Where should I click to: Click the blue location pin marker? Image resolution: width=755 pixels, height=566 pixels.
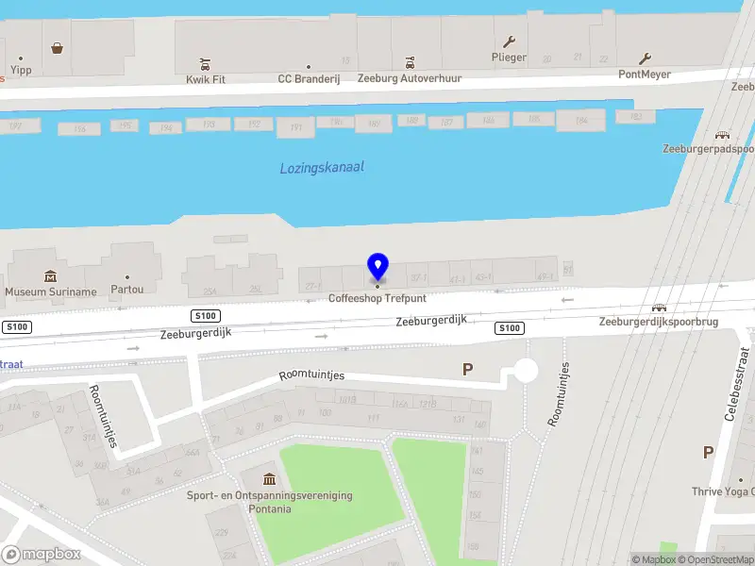point(377,268)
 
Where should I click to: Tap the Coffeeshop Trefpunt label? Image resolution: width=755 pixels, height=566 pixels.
point(377,298)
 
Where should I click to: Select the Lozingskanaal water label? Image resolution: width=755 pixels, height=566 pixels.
point(322,168)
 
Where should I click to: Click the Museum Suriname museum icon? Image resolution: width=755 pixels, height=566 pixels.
point(50,276)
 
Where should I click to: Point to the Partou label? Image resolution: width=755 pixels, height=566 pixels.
point(127,290)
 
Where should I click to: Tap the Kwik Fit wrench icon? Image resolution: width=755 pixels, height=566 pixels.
point(205,64)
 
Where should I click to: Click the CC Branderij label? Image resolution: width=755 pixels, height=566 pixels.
point(308,79)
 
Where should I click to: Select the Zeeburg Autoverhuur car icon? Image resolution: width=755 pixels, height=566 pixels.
point(410,64)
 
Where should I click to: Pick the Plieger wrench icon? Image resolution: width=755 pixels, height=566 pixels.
point(509,42)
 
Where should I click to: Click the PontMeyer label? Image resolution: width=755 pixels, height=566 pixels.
point(644,74)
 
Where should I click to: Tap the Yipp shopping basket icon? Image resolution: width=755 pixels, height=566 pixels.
point(58,48)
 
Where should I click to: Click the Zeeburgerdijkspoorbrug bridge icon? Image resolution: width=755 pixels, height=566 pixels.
point(660,308)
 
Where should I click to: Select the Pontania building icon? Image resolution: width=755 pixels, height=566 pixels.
point(270,480)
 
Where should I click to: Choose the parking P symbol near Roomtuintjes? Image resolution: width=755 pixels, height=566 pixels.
point(466,370)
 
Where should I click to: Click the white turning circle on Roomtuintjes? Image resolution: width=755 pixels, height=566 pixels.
point(525,371)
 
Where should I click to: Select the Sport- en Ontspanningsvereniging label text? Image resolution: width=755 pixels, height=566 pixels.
point(269,495)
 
